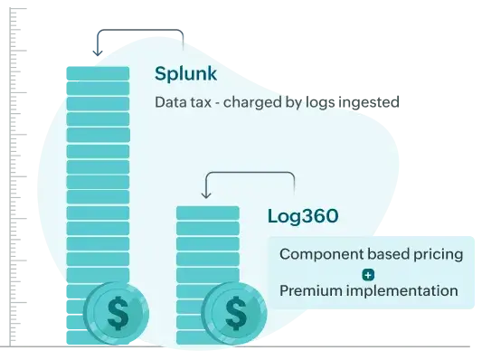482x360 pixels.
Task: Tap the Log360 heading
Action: click(303, 216)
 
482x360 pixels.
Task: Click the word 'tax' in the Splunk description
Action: click(201, 102)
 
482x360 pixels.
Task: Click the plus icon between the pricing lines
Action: click(367, 273)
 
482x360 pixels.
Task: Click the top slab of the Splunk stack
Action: click(97, 73)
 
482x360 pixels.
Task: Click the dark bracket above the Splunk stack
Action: click(141, 34)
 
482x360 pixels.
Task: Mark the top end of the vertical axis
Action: click(18, 11)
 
